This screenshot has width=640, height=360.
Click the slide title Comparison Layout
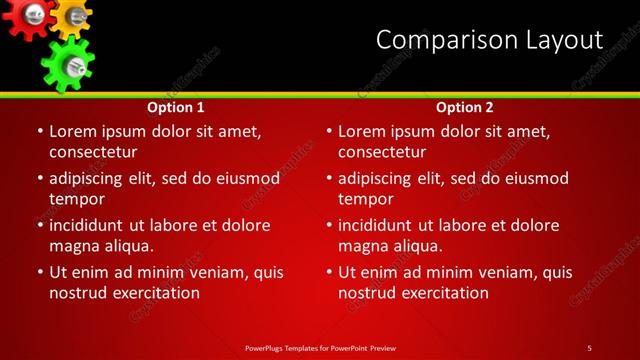point(489,40)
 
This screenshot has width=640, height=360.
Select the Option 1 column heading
point(176,107)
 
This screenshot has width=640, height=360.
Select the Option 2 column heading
point(465,107)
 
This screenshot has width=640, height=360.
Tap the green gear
point(68,63)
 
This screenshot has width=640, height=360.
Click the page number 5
point(589,347)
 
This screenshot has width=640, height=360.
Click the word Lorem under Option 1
point(74,131)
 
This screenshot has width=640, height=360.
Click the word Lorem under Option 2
point(363,131)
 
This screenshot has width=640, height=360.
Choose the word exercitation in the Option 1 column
point(155,293)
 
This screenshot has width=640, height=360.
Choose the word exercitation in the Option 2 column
point(444,293)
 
